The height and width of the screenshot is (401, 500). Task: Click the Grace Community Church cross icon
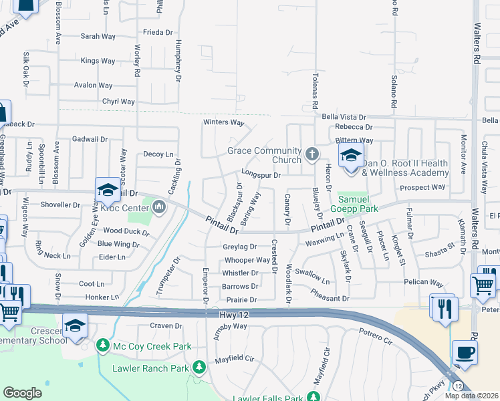[311, 155]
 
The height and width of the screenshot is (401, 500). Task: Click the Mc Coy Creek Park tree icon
[103, 346]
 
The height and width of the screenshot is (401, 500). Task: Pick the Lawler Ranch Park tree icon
[199, 367]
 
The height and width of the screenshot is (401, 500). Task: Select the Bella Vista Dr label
[346, 116]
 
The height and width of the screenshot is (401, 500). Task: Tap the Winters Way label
[224, 122]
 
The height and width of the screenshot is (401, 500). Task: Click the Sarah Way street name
[98, 37]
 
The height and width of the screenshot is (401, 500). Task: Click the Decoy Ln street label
[158, 154]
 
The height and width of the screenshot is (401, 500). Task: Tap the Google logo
[22, 393]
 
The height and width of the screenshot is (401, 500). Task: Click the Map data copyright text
[472, 396]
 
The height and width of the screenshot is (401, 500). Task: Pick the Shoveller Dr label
[60, 205]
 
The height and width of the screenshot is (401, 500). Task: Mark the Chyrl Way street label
[118, 102]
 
